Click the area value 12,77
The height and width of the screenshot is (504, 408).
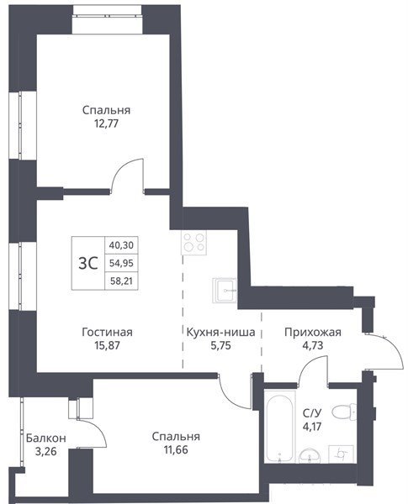[x=106, y=123]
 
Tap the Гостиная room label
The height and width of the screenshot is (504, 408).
[x=107, y=332]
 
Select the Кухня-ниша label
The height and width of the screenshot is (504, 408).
[x=221, y=332]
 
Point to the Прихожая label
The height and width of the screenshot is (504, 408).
[x=313, y=332]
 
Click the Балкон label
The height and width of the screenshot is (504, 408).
[x=46, y=438]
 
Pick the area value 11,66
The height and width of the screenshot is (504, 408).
[x=176, y=449]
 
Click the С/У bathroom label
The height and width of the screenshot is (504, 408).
[x=312, y=412]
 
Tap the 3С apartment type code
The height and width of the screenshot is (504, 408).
[x=88, y=264]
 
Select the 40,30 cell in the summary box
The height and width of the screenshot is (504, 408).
[x=121, y=245]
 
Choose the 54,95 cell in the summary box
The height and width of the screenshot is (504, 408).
[x=121, y=263]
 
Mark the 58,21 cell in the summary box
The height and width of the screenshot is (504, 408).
[x=121, y=281]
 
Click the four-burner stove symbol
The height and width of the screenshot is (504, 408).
[x=193, y=243]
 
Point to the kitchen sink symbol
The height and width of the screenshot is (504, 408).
[x=225, y=291]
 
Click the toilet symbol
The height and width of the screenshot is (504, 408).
[x=344, y=412]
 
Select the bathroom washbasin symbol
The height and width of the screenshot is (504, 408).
[x=310, y=455]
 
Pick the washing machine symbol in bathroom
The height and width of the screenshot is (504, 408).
[x=341, y=454]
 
